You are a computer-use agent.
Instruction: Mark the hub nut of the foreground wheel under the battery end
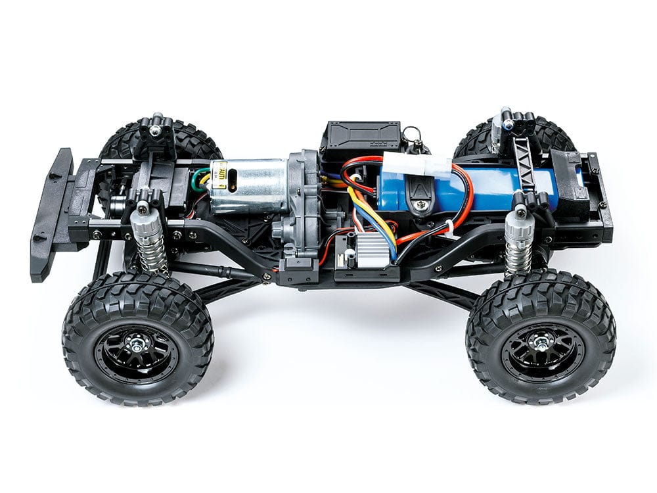541,340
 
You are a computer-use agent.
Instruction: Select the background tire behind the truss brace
473,141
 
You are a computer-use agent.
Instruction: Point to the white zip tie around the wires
448,226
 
